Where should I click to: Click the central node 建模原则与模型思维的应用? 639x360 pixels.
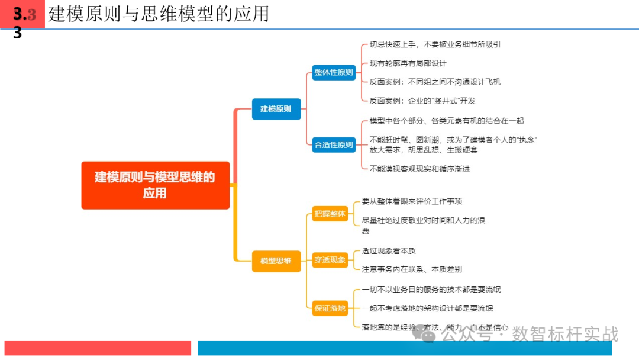tap(155, 185)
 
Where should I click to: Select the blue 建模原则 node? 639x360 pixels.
tap(276, 108)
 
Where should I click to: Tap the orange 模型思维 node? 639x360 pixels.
tap(276, 261)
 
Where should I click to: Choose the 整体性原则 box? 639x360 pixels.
tap(334, 72)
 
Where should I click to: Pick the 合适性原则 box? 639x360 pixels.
tap(334, 144)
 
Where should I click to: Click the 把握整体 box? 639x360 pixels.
tap(330, 214)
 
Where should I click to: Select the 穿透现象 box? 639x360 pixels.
tap(330, 259)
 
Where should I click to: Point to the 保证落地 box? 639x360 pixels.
tap(330, 308)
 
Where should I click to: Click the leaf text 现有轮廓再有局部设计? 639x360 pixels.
tap(408, 63)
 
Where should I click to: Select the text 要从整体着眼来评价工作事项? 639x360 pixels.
tap(412, 201)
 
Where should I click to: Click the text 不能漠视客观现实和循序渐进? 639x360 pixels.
tap(419, 168)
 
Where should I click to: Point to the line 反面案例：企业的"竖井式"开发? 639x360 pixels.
tap(422, 101)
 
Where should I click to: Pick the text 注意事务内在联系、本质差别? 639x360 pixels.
tap(412, 269)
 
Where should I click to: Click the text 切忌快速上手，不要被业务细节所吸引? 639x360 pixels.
tap(435, 44)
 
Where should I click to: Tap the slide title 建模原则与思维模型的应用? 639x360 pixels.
tap(159, 14)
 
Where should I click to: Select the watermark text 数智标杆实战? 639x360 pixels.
tap(564, 334)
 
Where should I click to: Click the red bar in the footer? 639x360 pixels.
tap(98, 348)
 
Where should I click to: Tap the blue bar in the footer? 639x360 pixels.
tap(418, 348)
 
